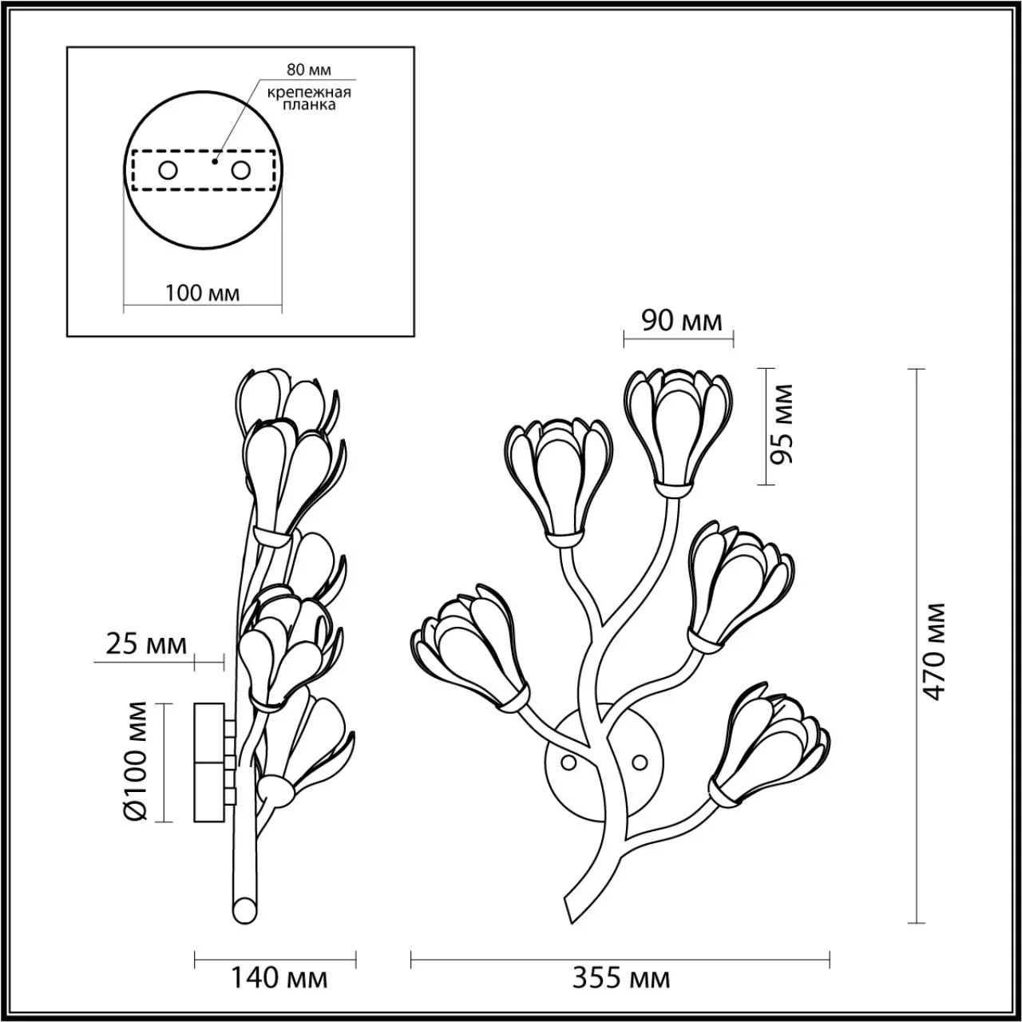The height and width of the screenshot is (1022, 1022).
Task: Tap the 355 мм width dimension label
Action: tap(621, 991)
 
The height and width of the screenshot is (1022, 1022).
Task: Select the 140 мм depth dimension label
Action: tap(279, 991)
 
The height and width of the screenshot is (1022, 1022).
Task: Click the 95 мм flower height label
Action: tap(781, 424)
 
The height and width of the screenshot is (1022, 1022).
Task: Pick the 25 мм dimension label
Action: tap(146, 644)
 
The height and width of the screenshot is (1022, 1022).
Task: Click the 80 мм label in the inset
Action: tap(309, 69)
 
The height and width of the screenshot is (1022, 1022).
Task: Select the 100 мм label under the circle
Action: tap(202, 293)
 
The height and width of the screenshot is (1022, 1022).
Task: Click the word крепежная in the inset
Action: tap(309, 93)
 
